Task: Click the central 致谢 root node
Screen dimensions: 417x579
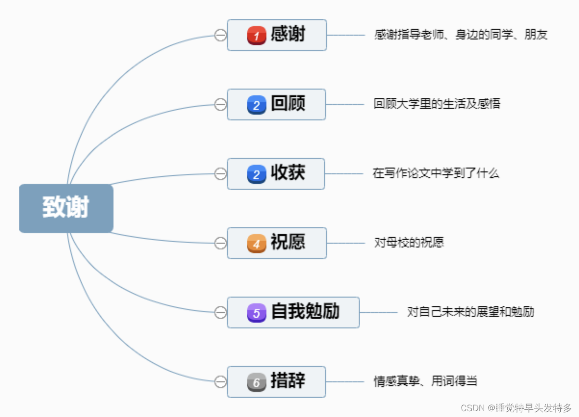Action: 66,208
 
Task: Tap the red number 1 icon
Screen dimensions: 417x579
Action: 256,35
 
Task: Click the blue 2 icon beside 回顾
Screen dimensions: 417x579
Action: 256,104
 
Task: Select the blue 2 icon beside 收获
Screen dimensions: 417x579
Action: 256,174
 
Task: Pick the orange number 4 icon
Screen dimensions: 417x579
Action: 256,243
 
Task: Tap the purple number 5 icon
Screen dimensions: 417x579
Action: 256,313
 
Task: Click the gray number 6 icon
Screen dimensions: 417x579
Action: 256,382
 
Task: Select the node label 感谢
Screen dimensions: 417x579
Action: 288,35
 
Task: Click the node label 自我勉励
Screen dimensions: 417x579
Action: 305,312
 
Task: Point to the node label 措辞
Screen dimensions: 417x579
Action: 288,381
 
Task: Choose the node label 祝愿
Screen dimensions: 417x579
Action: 288,242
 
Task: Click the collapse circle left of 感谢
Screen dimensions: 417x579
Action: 220,35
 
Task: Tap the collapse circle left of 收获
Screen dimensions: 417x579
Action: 220,174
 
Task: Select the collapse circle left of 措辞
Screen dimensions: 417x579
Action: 220,382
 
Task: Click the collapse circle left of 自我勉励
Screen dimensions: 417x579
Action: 220,313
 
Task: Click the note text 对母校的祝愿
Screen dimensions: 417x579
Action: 409,242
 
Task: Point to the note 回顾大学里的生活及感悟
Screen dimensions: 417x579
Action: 437,104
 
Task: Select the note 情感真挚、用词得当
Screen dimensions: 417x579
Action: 426,381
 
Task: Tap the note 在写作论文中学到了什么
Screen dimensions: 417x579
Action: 436,173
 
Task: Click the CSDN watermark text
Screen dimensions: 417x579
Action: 516,408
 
